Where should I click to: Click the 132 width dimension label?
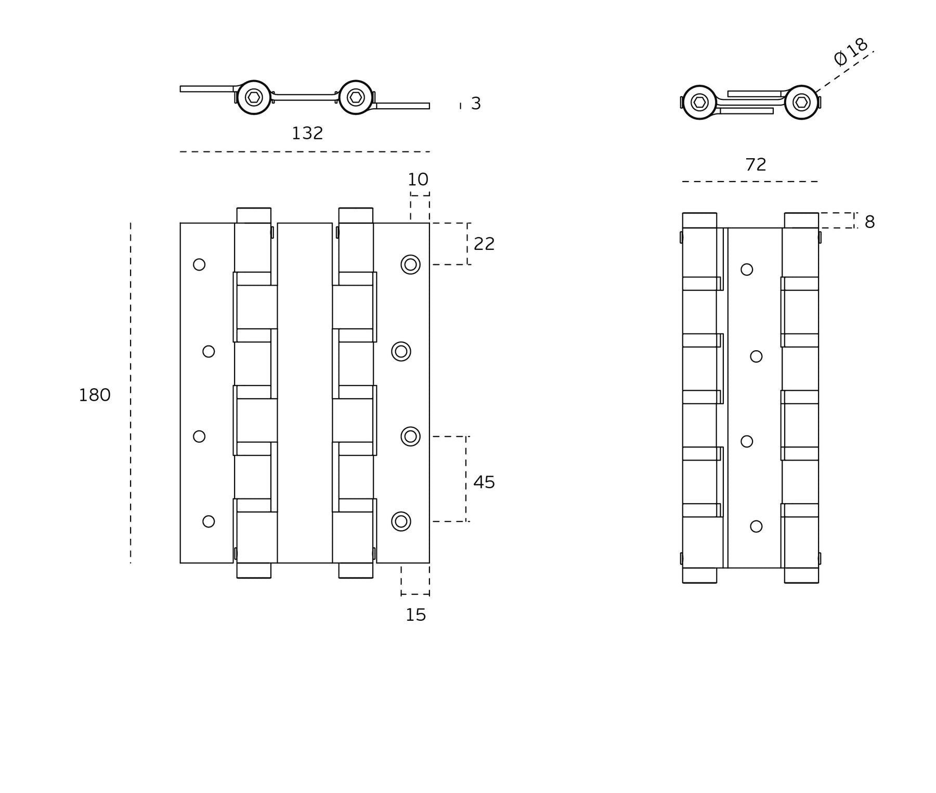tap(307, 134)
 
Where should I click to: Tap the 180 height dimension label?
tap(95, 395)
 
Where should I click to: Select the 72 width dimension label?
tap(756, 165)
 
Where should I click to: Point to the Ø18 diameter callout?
tap(851, 52)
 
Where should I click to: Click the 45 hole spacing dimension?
tap(484, 482)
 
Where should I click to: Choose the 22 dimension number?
tap(484, 244)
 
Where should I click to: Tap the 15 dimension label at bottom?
tap(416, 615)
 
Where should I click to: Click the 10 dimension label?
tap(418, 180)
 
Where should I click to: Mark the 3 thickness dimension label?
tap(476, 104)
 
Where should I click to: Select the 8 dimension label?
tap(869, 222)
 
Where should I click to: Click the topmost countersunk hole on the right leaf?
tap(410, 265)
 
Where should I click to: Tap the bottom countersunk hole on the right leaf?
tap(401, 521)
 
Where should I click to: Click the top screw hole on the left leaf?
tap(199, 265)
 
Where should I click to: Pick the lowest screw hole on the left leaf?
tap(209, 521)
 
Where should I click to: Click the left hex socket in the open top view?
tap(254, 97)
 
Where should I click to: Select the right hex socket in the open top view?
tap(356, 97)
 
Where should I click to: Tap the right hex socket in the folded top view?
tap(801, 103)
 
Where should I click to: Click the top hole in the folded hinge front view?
tap(747, 270)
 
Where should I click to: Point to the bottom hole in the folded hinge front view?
tap(756, 527)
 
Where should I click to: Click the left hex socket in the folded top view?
tap(699, 103)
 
